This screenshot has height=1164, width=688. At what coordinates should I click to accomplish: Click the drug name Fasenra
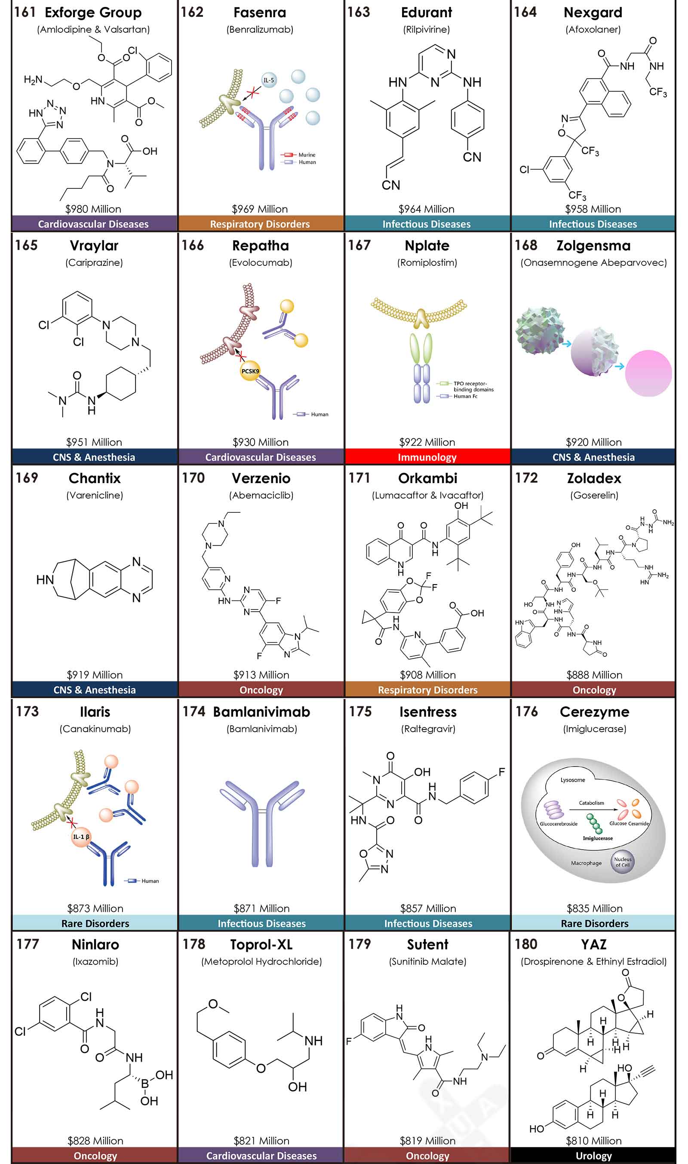(260, 12)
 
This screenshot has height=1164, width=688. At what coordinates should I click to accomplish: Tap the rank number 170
(193, 477)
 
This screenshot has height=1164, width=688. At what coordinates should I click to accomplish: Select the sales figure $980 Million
(93, 209)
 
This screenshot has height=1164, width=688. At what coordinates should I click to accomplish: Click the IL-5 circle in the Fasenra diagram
(269, 80)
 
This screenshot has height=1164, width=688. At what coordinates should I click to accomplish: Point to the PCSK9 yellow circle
(250, 371)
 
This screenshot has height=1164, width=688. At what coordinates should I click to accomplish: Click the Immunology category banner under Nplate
(427, 457)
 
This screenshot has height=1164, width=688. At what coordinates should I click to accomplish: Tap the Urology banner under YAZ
(593, 1155)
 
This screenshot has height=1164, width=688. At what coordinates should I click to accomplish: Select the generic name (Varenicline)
(95, 495)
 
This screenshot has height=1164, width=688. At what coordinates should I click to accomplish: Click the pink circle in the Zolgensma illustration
(648, 373)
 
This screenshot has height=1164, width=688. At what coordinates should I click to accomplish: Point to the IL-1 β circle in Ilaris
(81, 837)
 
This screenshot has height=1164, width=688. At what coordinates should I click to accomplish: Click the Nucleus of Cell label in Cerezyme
(622, 862)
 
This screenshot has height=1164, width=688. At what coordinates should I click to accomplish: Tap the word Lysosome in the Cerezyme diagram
(573, 780)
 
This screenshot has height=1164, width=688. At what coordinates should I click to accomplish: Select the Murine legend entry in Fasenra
(307, 155)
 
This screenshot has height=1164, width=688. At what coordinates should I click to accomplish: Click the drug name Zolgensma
(593, 245)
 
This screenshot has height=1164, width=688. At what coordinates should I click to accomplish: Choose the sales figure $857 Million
(428, 908)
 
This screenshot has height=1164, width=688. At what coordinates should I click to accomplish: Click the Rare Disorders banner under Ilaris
(95, 923)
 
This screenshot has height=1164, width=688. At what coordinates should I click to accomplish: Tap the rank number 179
(360, 944)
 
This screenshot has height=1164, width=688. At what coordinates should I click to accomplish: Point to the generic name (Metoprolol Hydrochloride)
(261, 961)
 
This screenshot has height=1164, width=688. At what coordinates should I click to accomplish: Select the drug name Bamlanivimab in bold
(261, 711)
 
